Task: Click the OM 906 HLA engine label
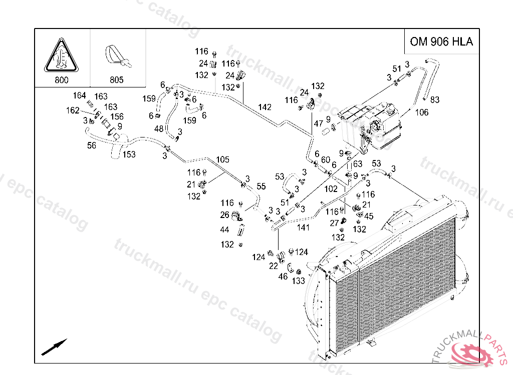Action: pos(441,41)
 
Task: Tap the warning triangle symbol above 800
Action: pos(62,55)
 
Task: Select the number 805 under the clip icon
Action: pos(116,79)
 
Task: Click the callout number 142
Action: pos(265,107)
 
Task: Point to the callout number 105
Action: pos(222,159)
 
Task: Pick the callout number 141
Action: pos(303,227)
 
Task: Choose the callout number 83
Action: pos(434,99)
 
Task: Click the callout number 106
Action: pos(422,112)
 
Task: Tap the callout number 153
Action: pos(129,154)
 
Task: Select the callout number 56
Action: pos(92,145)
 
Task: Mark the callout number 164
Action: pos(79,95)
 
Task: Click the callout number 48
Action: pos(159,128)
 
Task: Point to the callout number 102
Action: pos(331,189)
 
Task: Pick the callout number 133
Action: pos(299,280)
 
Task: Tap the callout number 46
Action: pos(283,276)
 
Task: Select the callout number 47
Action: pos(318,123)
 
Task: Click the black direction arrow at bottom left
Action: pos(54,347)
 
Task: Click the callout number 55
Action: pos(261,186)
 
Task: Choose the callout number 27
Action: pos(334,223)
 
